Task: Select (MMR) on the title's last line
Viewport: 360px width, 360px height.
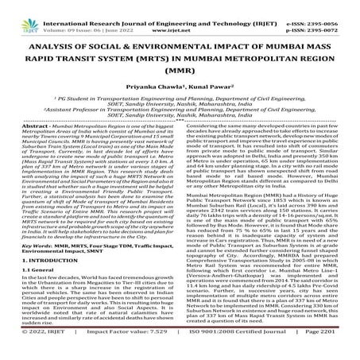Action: tap(180, 89)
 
